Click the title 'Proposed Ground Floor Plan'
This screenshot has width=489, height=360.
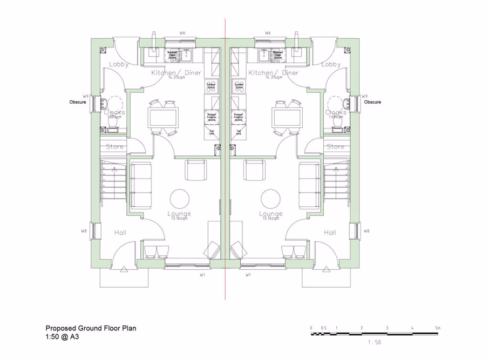[91, 328]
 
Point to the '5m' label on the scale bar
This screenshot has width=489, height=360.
[438, 328]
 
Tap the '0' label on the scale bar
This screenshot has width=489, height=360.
[311, 328]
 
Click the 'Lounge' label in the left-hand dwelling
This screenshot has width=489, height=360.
[179, 213]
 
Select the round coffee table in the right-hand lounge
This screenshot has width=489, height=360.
[270, 198]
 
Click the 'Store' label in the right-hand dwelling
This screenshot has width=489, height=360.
[335, 146]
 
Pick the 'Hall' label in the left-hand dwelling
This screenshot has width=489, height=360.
[120, 233]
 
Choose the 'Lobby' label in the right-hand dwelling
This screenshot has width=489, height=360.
[331, 64]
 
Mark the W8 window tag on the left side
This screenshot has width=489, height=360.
[84, 231]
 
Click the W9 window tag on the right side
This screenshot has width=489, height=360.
[365, 96]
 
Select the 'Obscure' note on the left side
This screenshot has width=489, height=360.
[78, 102]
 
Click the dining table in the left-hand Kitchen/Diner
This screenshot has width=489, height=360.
[163, 117]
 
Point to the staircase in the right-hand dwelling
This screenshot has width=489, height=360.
[335, 184]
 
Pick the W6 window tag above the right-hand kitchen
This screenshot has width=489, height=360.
[268, 33]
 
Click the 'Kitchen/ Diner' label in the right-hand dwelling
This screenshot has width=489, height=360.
[273, 72]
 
